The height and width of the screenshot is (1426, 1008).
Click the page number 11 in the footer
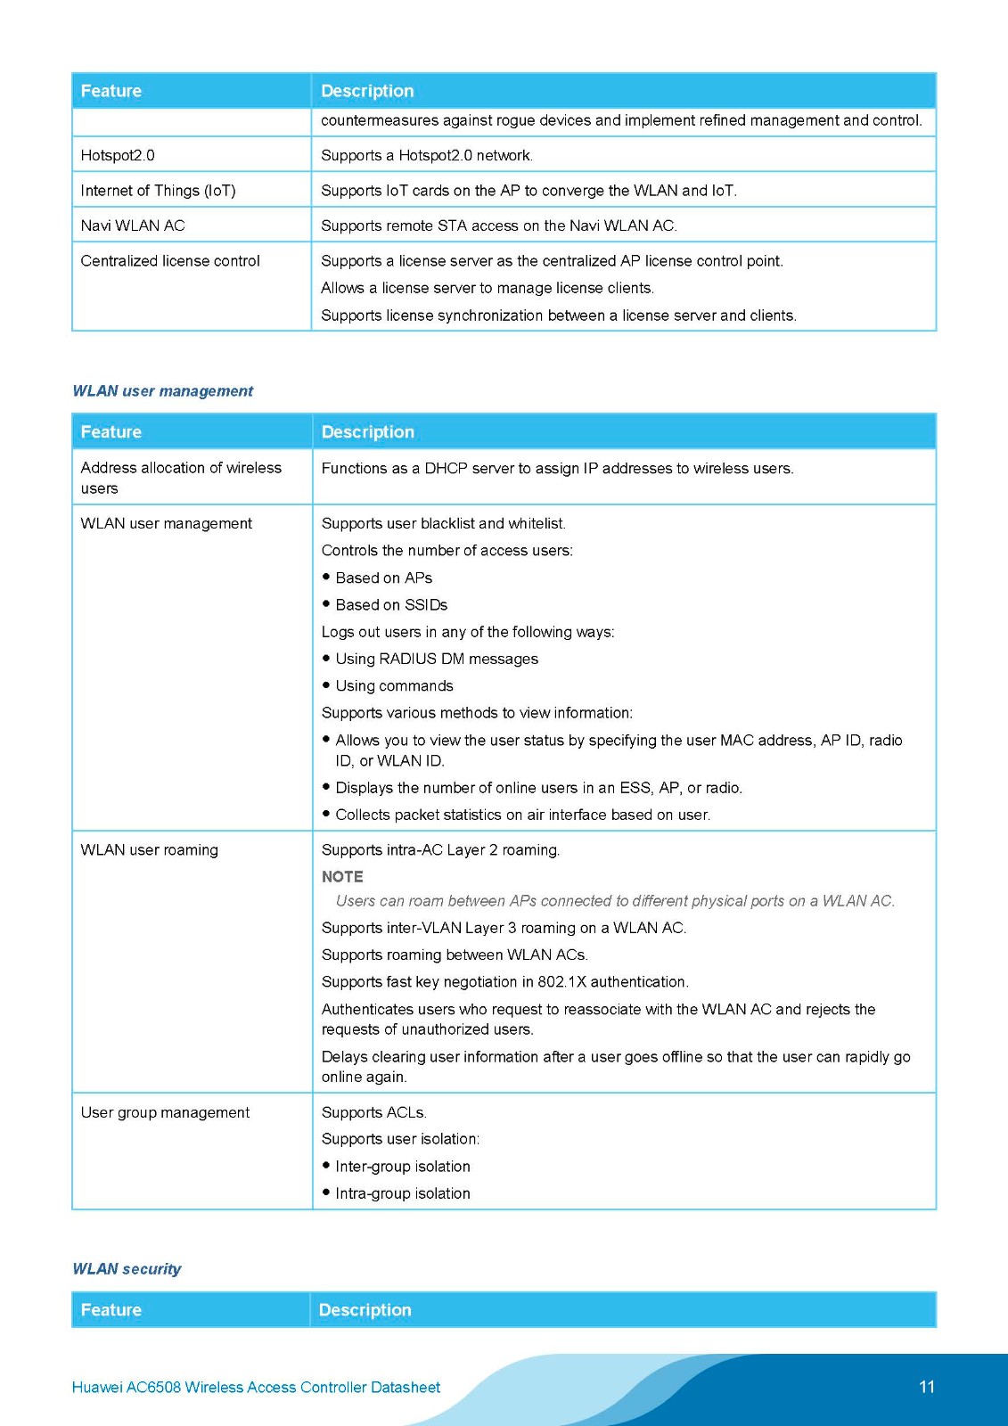pos(926,1387)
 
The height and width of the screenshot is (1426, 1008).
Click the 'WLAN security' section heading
pos(127,1268)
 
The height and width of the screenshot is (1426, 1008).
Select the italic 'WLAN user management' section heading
pos(162,390)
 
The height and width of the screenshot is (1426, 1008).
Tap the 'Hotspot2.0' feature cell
pos(118,155)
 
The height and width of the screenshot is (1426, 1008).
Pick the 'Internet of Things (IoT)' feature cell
pos(158,191)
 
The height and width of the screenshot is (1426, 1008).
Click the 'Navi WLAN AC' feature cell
pos(133,225)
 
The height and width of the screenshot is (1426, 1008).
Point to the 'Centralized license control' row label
pos(170,261)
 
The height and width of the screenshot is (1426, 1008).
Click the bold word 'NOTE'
pos(342,877)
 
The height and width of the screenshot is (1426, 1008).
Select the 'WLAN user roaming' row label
pos(149,850)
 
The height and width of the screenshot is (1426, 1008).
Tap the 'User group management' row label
pos(165,1112)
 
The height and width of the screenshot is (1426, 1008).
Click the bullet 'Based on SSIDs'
pos(391,605)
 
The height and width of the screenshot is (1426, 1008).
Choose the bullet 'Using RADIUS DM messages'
pos(437,659)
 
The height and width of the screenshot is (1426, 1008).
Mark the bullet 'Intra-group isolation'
pos(403,1193)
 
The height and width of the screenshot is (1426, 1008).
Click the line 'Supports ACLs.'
pos(374,1112)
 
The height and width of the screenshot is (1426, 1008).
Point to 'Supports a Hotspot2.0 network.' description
pos(427,155)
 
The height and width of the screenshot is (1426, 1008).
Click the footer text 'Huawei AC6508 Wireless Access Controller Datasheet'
pos(256,1387)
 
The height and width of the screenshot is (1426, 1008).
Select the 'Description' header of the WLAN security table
pos(365,1310)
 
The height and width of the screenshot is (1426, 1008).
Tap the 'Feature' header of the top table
pos(111,91)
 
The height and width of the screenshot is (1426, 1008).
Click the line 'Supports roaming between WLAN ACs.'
pos(455,955)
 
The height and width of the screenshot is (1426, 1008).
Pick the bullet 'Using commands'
pos(394,686)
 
